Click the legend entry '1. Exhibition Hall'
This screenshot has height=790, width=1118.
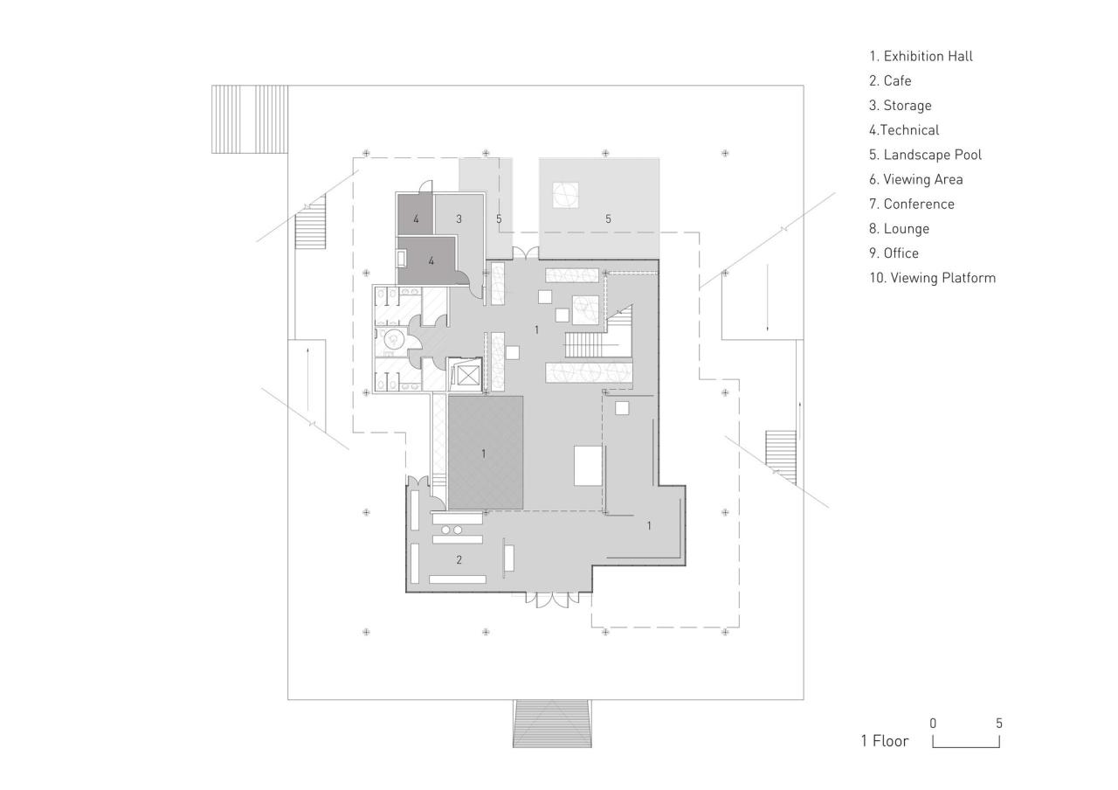pos(921,56)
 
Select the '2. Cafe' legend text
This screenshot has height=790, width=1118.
pos(890,80)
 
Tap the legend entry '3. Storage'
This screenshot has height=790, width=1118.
pos(900,105)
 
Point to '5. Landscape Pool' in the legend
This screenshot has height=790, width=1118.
pos(925,155)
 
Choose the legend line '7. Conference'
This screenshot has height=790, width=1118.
pos(912,204)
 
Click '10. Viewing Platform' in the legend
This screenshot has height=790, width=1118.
pos(932,278)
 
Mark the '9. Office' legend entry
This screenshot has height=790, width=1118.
pos(894,253)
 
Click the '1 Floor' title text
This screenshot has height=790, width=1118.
pos(884,741)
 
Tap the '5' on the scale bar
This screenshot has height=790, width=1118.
pos(999,724)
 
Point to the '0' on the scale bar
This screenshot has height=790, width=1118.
pos(933,724)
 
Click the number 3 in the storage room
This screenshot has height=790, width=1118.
pos(459,218)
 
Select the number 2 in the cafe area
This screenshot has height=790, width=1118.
pos(459,559)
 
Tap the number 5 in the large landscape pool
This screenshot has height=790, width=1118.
pos(609,218)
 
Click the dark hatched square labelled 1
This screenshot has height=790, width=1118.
pos(486,453)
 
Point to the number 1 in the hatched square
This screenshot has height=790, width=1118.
pos(483,454)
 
